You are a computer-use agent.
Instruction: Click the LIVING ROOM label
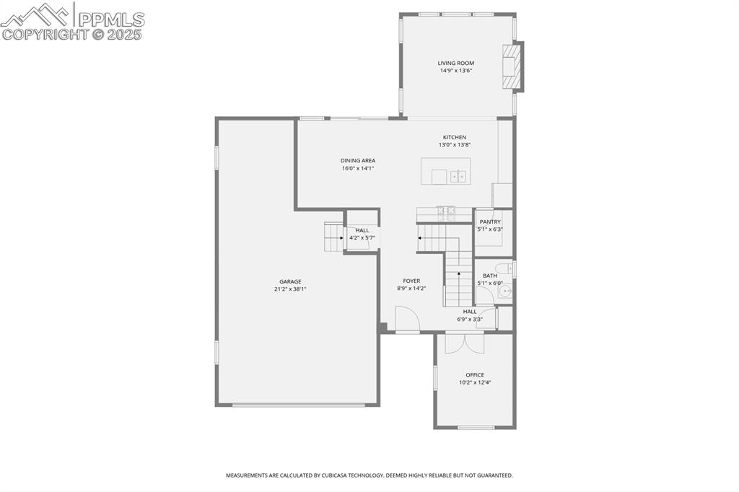455,63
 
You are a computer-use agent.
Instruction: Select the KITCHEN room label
455,137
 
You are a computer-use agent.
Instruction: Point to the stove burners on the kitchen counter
445,212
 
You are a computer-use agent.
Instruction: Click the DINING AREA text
358,160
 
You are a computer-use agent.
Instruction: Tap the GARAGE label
291,281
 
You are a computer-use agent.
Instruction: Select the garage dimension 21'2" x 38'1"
291,289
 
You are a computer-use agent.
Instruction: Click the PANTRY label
490,221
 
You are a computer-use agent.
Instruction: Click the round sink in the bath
506,292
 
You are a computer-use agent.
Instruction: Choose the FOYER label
411,281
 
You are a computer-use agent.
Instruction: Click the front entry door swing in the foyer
406,318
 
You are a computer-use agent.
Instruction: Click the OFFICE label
475,374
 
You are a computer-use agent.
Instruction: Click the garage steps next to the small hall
333,237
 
